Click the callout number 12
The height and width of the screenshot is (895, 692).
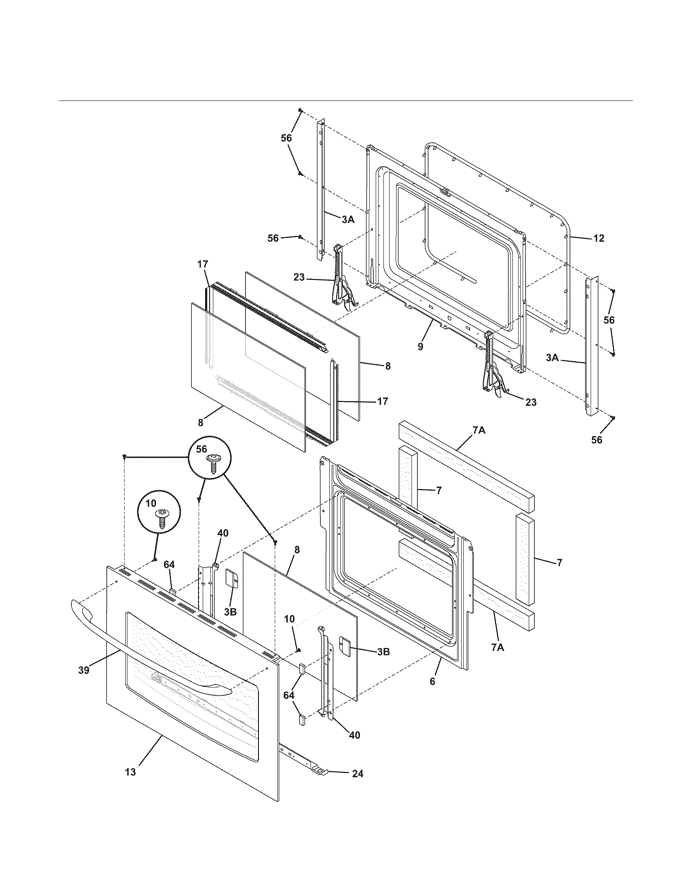point(598,238)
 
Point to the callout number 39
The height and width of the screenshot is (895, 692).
point(83,670)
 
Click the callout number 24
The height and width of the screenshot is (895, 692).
point(357,774)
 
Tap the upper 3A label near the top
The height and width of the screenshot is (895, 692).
point(348,220)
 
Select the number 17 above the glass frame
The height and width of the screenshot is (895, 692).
point(203,264)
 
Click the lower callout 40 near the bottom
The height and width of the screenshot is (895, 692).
point(354,735)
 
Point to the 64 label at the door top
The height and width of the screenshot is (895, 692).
point(169,565)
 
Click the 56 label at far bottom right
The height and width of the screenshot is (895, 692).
point(597,440)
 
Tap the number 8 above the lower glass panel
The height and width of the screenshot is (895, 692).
point(297,550)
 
